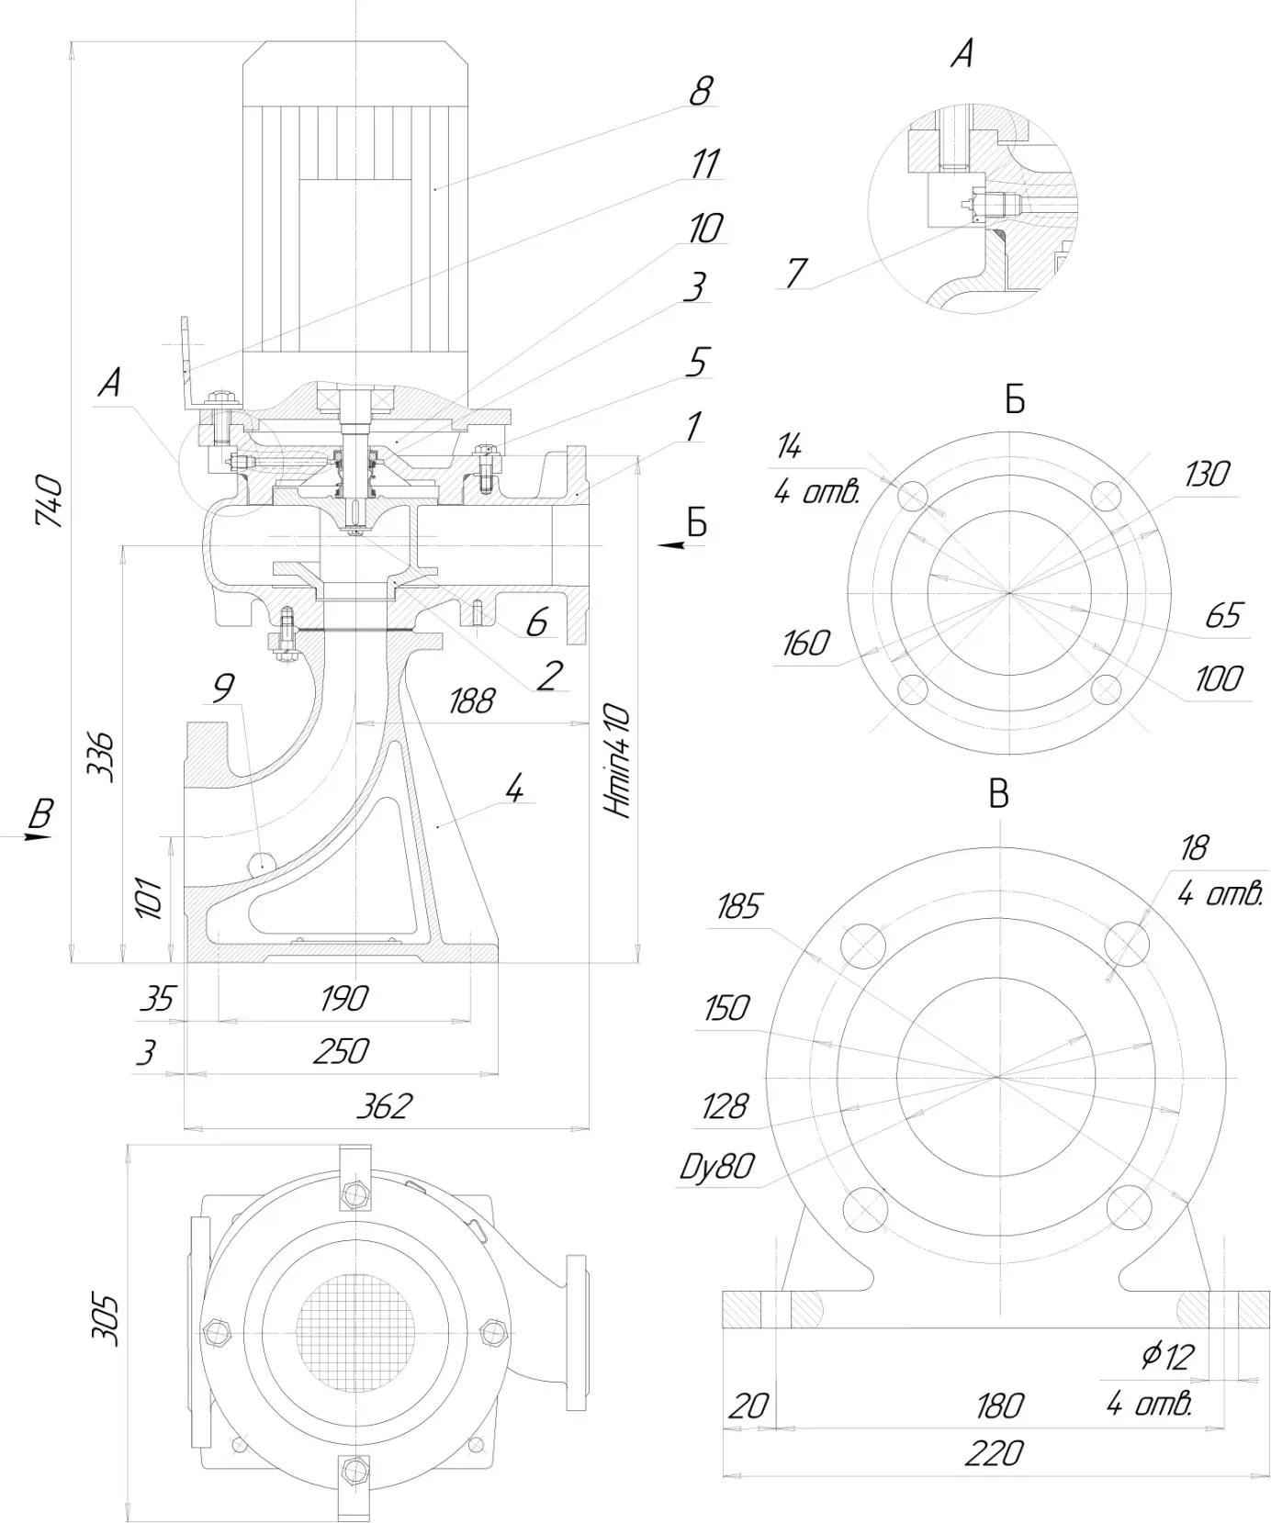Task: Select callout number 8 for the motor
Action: click(x=701, y=91)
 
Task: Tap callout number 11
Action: click(x=704, y=164)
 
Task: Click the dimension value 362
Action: click(x=384, y=1106)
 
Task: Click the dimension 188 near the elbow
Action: click(x=471, y=701)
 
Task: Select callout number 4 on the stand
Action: click(x=514, y=787)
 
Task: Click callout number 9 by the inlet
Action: click(x=223, y=688)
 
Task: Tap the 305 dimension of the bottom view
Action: click(x=108, y=1319)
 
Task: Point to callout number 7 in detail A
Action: click(x=796, y=273)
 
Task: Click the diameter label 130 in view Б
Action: click(x=1206, y=475)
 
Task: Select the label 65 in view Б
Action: click(x=1222, y=615)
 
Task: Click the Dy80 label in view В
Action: click(x=717, y=1166)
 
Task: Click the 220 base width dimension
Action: click(x=994, y=1453)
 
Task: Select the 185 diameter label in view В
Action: click(x=738, y=907)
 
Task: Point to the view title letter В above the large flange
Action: click(x=998, y=794)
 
